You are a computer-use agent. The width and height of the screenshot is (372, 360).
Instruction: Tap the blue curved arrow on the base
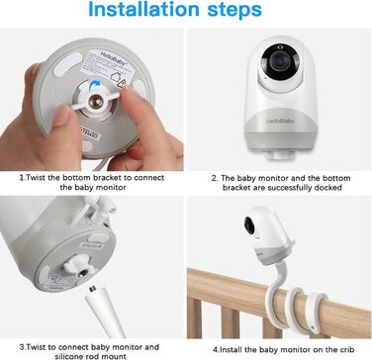click(x=95, y=85)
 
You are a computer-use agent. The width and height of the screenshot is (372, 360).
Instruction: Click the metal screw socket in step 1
click(x=96, y=99)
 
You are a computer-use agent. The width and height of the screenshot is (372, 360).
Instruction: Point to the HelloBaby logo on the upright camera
click(x=280, y=122)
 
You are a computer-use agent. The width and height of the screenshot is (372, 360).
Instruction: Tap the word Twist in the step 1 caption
click(x=36, y=178)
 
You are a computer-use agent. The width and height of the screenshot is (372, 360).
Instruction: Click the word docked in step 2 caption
click(x=327, y=188)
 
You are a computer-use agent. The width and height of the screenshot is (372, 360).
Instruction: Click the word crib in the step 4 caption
click(x=346, y=349)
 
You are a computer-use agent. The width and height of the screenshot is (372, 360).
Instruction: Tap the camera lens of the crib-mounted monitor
click(x=249, y=225)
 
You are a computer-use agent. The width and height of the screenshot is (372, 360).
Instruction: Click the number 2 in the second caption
click(x=215, y=178)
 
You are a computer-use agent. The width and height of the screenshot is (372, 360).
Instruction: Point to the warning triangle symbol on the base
click(x=122, y=85)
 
